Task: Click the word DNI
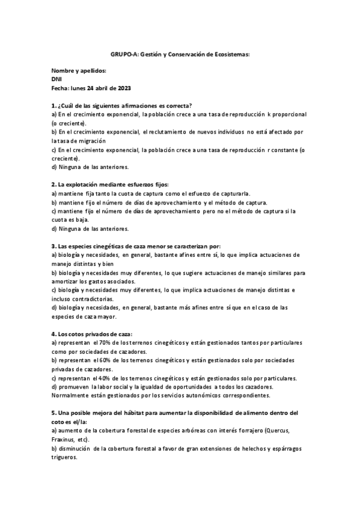tap(58, 79)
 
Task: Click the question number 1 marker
tap(54, 105)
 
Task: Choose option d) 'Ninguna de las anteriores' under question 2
tap(90, 228)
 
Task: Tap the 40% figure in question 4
tap(103, 378)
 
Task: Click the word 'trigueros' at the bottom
tap(65, 457)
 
